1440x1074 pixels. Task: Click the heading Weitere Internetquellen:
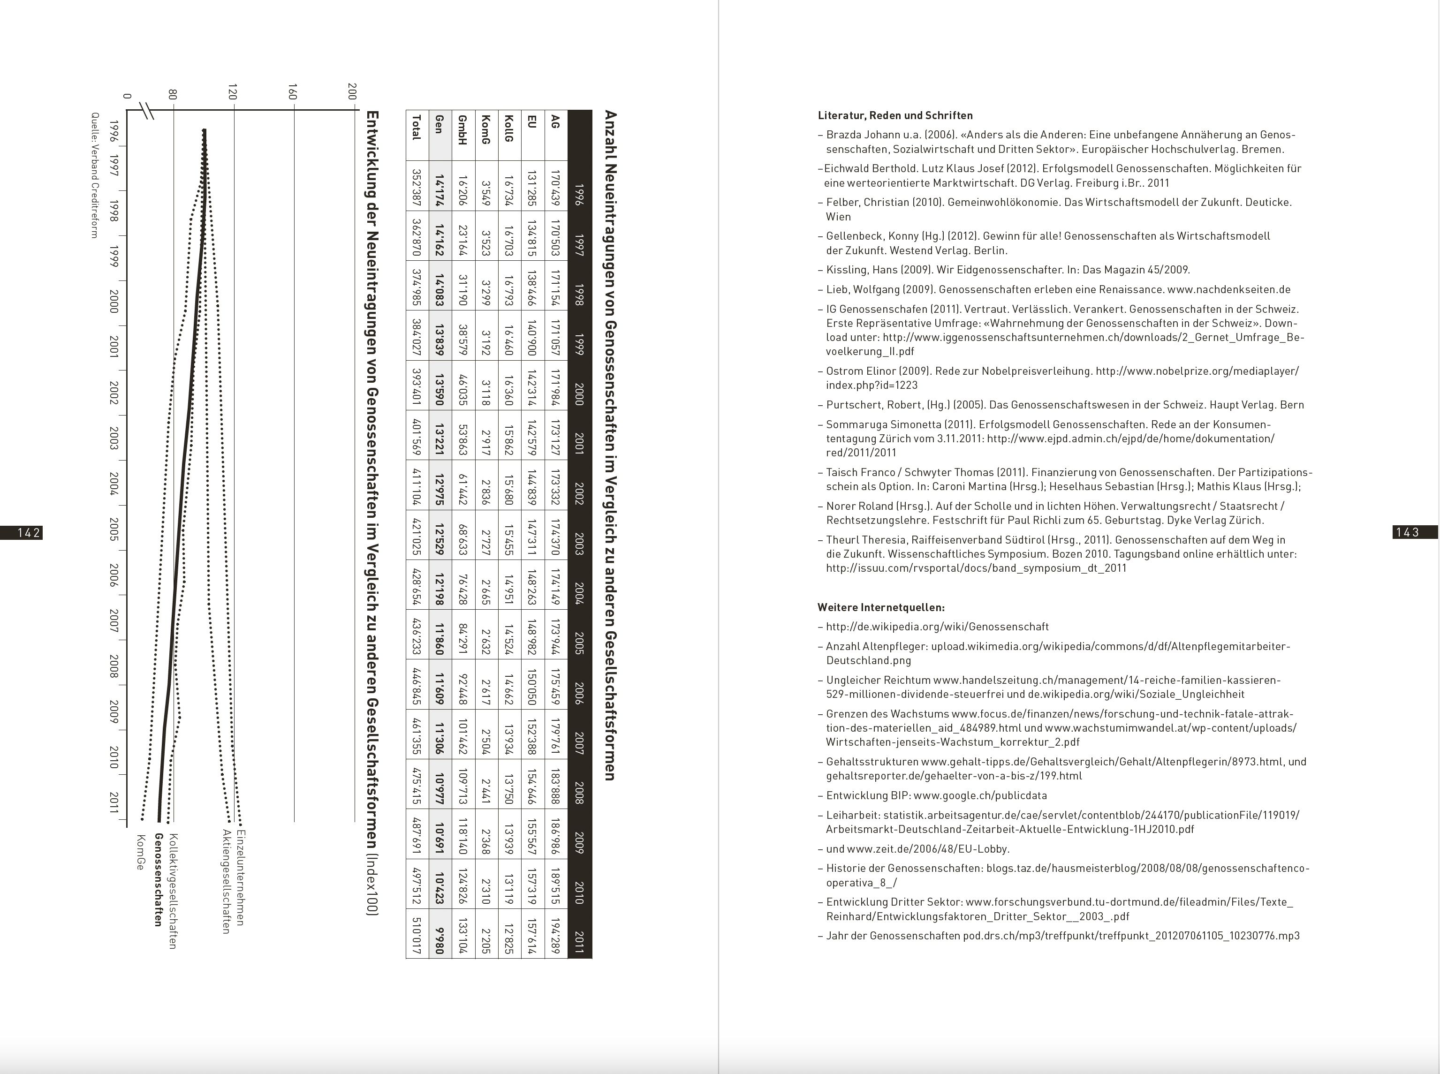[881, 607]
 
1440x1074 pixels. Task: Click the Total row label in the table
[417, 128]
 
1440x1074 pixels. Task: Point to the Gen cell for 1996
[440, 187]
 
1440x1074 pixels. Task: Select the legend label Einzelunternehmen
[241, 877]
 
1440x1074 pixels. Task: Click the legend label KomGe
[140, 852]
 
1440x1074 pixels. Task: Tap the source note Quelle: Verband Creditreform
[94, 175]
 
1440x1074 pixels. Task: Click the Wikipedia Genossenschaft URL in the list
[937, 627]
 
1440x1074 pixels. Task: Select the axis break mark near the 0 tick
[147, 111]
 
